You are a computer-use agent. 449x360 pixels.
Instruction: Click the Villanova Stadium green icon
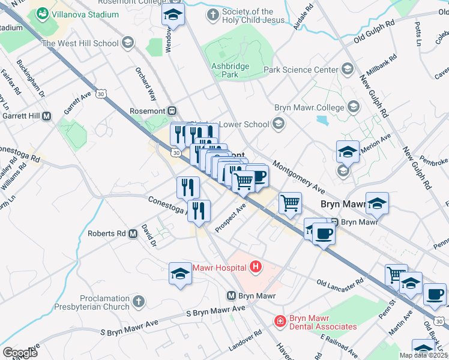42,13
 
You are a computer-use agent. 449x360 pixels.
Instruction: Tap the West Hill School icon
127,43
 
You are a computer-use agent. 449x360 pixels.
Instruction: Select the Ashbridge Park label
224,70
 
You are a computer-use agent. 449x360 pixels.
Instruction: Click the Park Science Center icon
347,70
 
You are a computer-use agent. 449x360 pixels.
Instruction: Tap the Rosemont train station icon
172,111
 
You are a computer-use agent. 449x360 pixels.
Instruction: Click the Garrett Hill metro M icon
46,116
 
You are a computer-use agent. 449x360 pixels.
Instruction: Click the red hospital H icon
256,266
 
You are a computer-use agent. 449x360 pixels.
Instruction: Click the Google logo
20,352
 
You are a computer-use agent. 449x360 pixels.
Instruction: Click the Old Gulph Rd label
373,38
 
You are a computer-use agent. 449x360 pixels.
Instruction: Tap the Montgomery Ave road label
298,176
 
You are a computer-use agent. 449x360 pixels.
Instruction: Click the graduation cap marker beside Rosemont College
173,14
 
